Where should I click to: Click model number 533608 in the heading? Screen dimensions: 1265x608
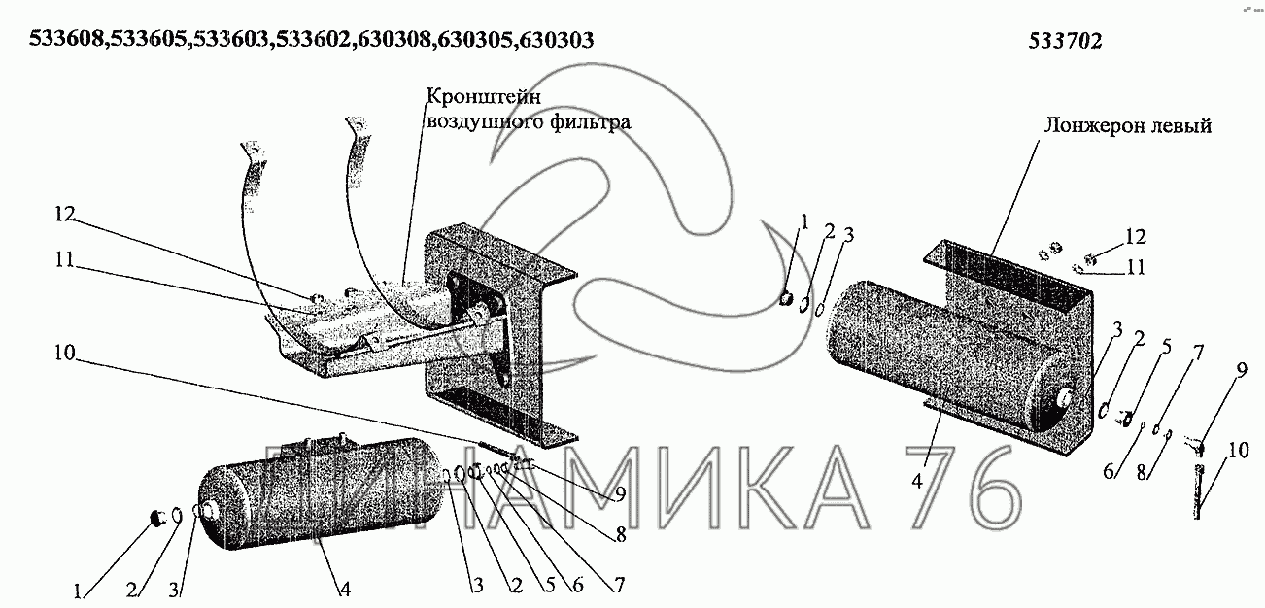pyautogui.click(x=66, y=40)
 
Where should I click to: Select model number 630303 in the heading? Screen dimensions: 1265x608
pyautogui.click(x=557, y=40)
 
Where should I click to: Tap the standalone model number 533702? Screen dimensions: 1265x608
pyautogui.click(x=1065, y=41)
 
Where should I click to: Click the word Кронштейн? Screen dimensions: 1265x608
pyautogui.click(x=484, y=97)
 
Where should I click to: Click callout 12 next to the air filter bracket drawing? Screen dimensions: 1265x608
pyautogui.click(x=65, y=214)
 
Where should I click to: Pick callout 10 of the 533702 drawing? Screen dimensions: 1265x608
pyautogui.click(x=1238, y=450)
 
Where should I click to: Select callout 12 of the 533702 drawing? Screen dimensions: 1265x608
pyautogui.click(x=1136, y=237)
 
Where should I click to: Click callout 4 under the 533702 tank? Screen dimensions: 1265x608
pyautogui.click(x=917, y=481)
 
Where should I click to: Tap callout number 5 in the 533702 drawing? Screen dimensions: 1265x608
pyautogui.click(x=1166, y=347)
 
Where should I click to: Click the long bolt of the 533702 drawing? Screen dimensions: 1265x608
pyautogui.click(x=1198, y=490)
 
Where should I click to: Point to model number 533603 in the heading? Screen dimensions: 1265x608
pyautogui.click(x=229, y=40)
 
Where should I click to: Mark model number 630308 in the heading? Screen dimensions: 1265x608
pyautogui.click(x=393, y=40)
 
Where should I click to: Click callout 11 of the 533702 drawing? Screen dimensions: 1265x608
pyautogui.click(x=1136, y=267)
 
